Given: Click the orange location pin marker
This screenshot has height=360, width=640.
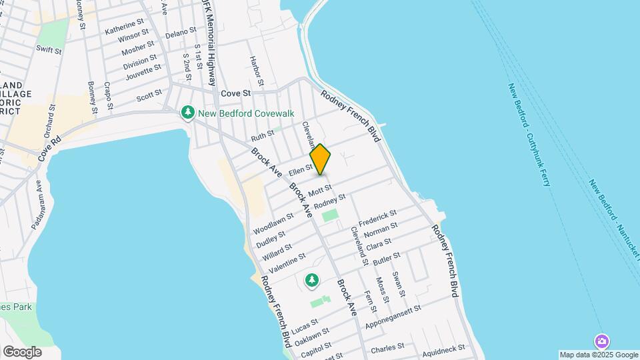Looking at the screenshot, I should coord(320,159).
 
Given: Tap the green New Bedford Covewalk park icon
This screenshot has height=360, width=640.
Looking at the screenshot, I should coord(188,113).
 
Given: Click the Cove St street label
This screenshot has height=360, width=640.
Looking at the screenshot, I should coord(235,94).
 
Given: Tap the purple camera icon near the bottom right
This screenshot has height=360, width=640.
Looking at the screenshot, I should coord(601,341).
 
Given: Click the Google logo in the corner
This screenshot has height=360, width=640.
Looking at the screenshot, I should coord(22,351).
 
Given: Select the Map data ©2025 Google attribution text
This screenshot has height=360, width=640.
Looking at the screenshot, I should coord(599,355).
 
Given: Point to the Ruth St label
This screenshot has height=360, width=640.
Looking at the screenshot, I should coord(262,135).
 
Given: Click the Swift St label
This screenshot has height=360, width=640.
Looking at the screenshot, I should coord(49,49).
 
